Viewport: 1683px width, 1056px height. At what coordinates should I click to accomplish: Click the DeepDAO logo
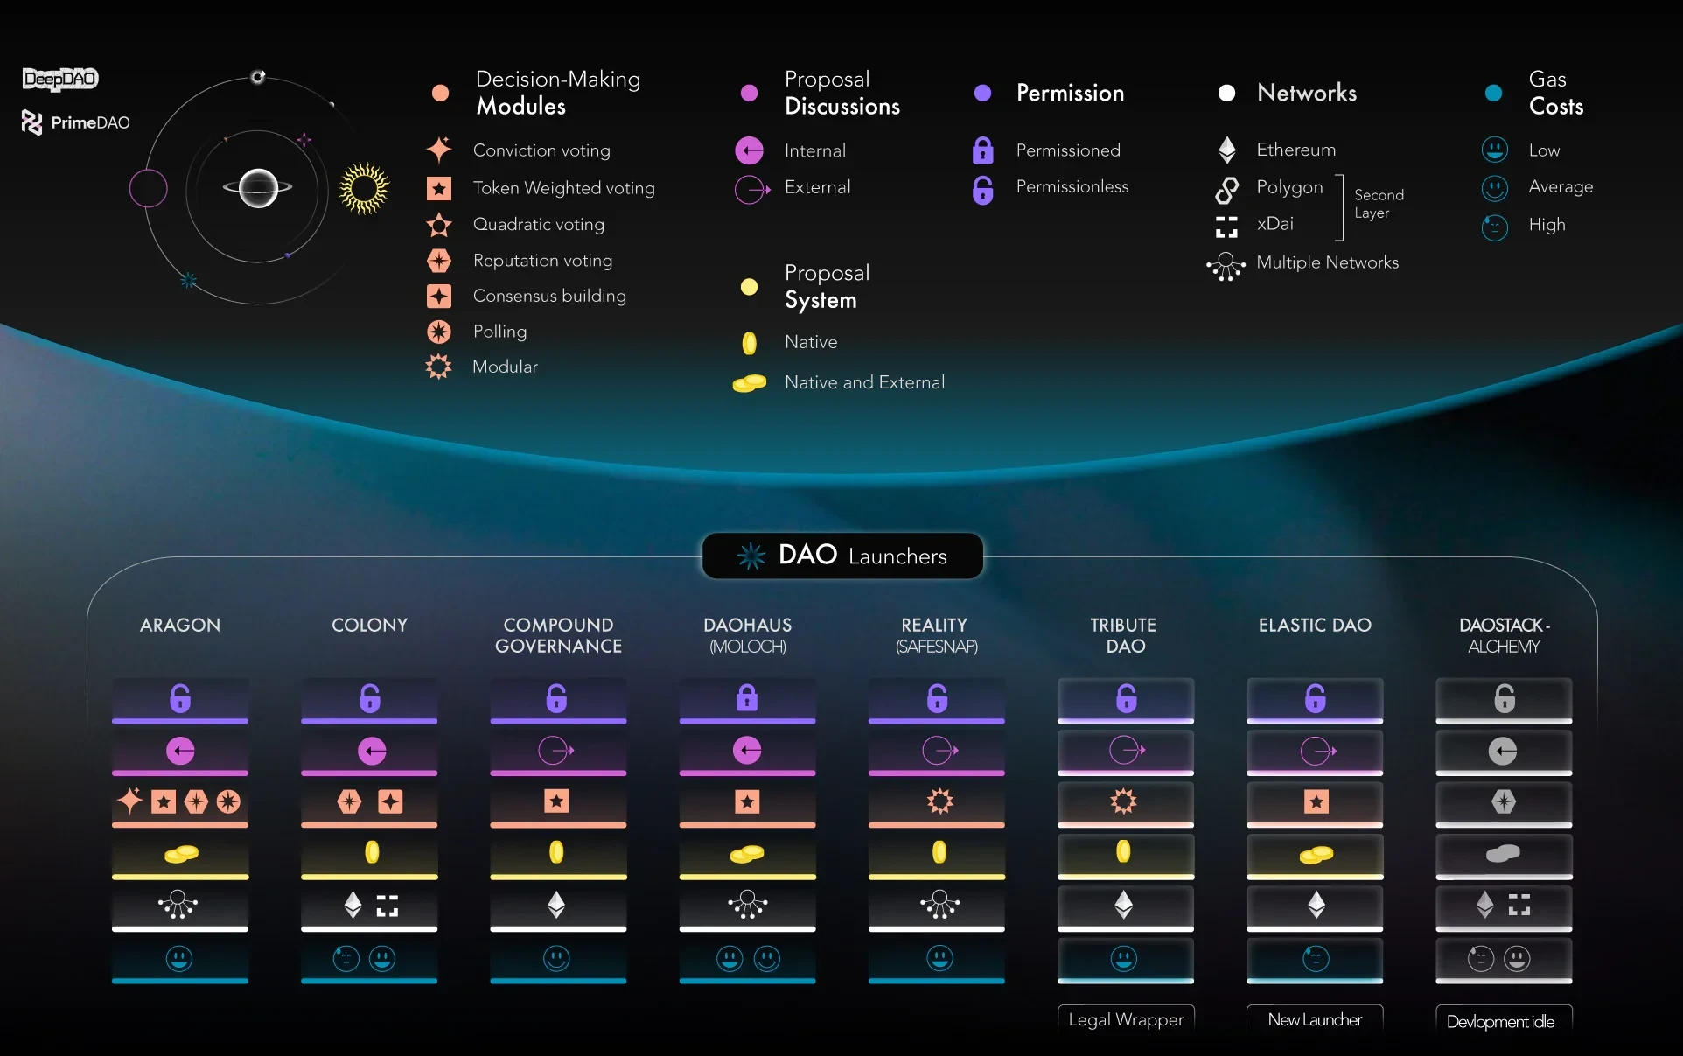pos(60,79)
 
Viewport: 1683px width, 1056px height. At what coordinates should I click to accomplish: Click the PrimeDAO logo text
pos(89,122)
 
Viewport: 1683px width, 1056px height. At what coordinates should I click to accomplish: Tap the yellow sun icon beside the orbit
pos(364,188)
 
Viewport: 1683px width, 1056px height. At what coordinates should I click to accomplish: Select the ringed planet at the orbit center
pos(258,187)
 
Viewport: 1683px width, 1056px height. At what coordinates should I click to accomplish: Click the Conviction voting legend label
pos(541,150)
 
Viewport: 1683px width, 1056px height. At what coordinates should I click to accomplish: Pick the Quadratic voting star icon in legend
pos(439,225)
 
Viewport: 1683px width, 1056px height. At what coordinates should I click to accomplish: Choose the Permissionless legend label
pos(1072,186)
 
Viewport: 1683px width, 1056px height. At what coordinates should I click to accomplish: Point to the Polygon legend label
pos(1289,187)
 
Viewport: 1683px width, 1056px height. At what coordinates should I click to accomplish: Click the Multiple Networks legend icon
pos(1226,265)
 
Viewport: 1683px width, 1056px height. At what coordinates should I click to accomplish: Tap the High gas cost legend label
pos(1547,225)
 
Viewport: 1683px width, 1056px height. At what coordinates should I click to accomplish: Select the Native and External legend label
pos(864,382)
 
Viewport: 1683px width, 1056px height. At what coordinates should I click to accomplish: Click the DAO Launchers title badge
pos(842,556)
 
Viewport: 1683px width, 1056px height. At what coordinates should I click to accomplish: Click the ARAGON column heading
pos(180,625)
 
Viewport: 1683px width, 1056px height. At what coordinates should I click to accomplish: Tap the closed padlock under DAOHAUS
pos(747,698)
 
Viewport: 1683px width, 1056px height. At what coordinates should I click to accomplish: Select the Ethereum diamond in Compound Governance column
pos(556,904)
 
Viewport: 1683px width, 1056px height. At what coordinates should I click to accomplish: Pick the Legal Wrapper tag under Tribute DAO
pos(1126,1019)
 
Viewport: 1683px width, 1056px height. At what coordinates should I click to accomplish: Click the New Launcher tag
pos(1315,1019)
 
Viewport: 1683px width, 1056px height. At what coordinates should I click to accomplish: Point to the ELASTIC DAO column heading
pos(1315,625)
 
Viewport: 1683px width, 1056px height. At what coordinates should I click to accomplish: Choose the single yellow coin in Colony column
pos(372,851)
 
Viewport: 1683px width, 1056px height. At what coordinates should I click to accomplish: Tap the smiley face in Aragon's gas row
pos(179,958)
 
